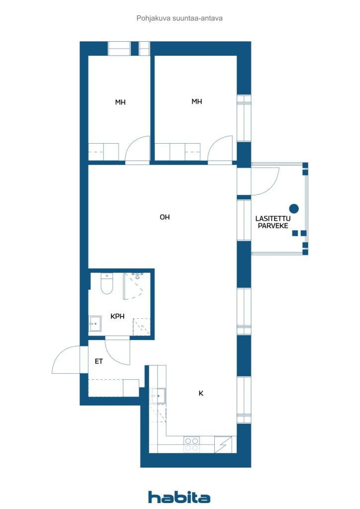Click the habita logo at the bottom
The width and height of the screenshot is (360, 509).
[x=179, y=497]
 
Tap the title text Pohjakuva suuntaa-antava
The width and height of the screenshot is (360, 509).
[x=179, y=18]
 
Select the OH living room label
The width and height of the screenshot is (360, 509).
[x=165, y=217]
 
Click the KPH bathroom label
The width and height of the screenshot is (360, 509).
[x=117, y=316]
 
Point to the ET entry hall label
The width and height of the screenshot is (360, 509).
[x=99, y=361]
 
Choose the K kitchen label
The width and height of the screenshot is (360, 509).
[x=201, y=393]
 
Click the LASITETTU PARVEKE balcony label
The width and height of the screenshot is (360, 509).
[x=273, y=222]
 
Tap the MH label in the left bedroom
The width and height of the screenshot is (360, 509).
[x=120, y=102]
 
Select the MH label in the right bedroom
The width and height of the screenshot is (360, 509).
[x=197, y=101]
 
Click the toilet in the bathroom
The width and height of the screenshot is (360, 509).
[x=107, y=284]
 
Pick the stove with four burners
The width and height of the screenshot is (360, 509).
[x=191, y=444]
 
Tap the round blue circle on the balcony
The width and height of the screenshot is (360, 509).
[x=294, y=208]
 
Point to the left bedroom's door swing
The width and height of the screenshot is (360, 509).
[x=138, y=149]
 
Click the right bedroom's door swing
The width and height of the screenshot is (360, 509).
[x=220, y=149]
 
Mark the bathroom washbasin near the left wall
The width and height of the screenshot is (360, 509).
[x=95, y=324]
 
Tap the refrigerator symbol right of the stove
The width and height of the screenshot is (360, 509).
[x=223, y=444]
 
